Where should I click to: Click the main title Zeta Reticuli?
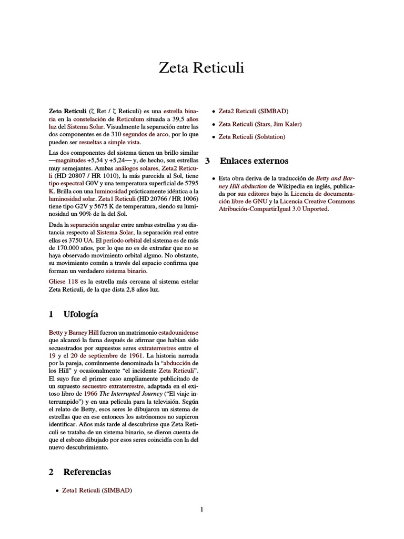pyautogui.click(x=201, y=68)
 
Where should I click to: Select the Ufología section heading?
pyautogui.click(x=80, y=314)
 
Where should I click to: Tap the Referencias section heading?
pyautogui.click(x=87, y=472)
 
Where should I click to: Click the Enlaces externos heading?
pyautogui.click(x=254, y=161)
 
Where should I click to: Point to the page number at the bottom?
pyautogui.click(x=201, y=510)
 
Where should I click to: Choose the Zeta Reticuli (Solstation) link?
pyautogui.click(x=251, y=137)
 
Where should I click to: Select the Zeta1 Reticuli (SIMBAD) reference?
pyautogui.click(x=97, y=490)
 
